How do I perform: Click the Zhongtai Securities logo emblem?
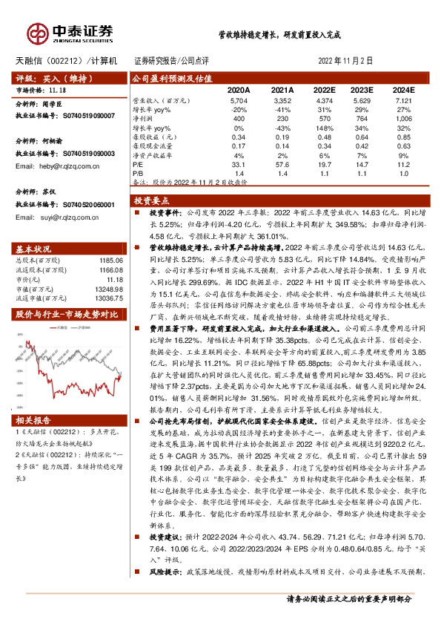pos(37,32)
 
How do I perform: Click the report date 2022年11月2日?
pos(345,60)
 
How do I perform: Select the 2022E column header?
pos(324,89)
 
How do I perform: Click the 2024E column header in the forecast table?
pos(403,89)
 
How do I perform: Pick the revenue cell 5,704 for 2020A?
pos(239,99)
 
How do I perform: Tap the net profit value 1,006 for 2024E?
pos(403,118)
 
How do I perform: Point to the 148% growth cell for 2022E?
pos(324,128)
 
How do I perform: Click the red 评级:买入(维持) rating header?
pos(48,77)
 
